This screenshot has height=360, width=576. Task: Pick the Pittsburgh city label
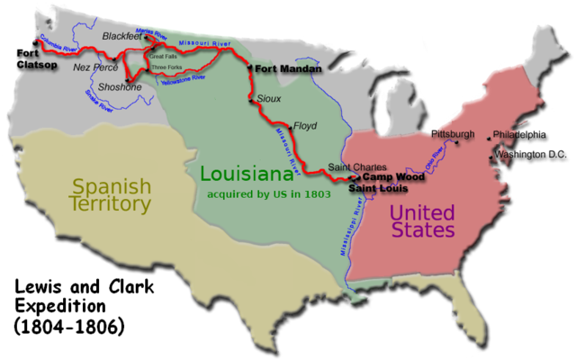453,135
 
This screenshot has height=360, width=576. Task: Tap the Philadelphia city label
521,135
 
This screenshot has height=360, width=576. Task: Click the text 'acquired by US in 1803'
268,193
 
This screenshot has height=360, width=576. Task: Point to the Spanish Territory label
111,195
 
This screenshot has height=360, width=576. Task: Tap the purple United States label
420,221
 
